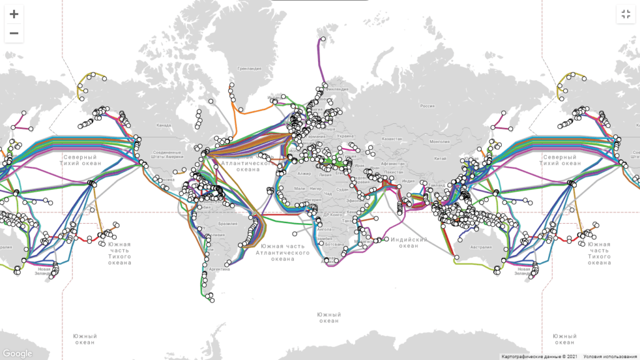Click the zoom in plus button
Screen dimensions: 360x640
tap(14, 14)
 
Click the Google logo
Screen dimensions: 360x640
tap(17, 353)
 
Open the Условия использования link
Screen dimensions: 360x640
tap(611, 357)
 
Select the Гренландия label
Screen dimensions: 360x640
tap(249, 69)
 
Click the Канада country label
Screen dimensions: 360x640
tap(164, 126)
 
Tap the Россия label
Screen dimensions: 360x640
tap(427, 106)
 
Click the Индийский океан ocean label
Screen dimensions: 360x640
tap(409, 242)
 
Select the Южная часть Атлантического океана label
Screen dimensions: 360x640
tap(283, 252)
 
